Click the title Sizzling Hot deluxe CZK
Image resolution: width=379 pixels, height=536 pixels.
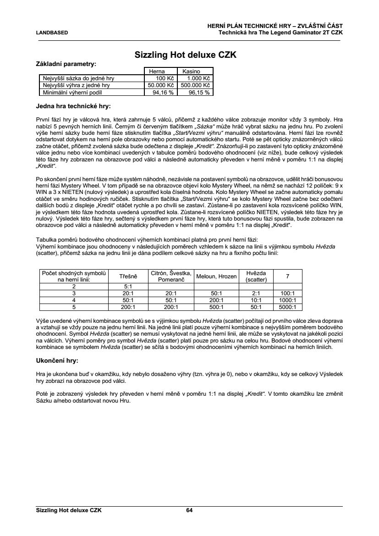[x=185, y=55]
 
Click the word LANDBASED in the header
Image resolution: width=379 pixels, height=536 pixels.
[x=52, y=33]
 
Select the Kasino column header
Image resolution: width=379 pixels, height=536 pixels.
[x=191, y=72]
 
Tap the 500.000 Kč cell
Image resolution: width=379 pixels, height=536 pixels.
[x=195, y=85]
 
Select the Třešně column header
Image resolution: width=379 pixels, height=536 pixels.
[x=128, y=276]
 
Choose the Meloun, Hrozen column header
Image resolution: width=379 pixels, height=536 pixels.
[x=216, y=276]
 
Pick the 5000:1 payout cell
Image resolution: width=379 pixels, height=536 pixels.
[x=287, y=307]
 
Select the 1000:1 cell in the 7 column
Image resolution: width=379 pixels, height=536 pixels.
[x=287, y=300]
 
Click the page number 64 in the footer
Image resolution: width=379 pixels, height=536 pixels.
[x=189, y=510]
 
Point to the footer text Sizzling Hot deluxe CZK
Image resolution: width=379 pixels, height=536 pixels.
[x=69, y=510]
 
